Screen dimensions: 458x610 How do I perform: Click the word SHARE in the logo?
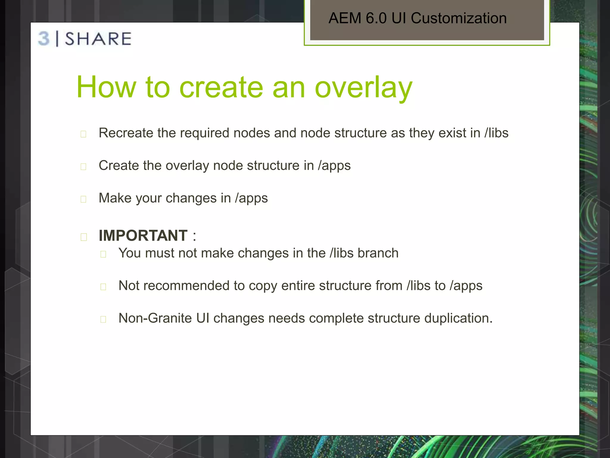(98, 39)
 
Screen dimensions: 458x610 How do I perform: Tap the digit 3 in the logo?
(44, 39)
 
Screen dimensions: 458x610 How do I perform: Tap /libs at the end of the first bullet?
(496, 133)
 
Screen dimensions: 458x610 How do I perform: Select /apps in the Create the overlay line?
(334, 166)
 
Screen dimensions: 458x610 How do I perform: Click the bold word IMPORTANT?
(143, 236)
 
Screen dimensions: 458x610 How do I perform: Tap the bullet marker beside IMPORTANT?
(84, 237)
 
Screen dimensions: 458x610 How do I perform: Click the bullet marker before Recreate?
(83, 134)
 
